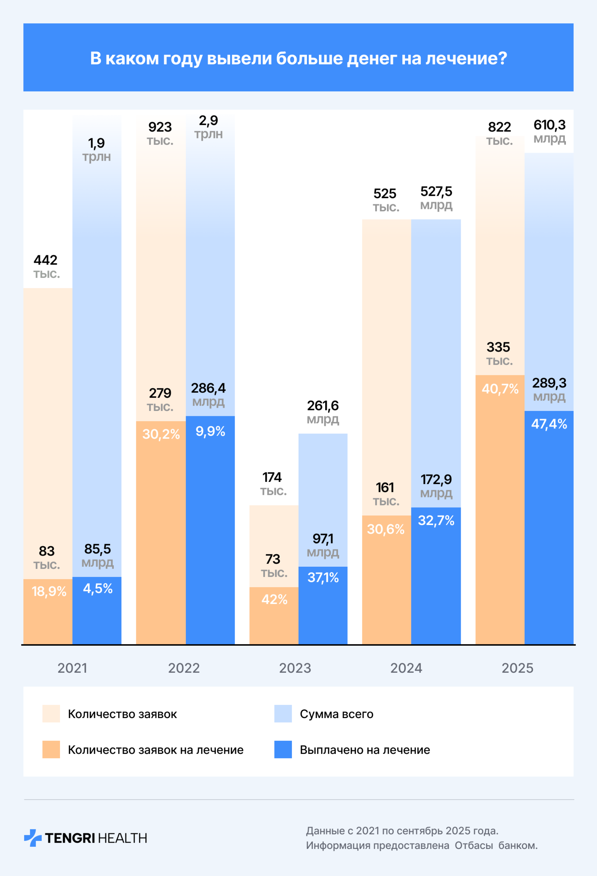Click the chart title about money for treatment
pos(298,58)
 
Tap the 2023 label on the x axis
pos(295,668)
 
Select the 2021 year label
pos(72,668)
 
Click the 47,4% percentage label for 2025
pos(549,424)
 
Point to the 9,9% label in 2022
pos(210,431)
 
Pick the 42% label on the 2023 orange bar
pos(274,599)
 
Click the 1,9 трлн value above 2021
pos(96,149)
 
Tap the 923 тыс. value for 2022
pos(160,133)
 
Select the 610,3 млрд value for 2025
pos(549,131)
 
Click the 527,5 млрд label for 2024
pos(436,198)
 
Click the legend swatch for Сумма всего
pos(283,713)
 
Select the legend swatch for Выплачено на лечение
pos(283,749)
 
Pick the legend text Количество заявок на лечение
pos(155,750)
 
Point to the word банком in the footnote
pos(517,846)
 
